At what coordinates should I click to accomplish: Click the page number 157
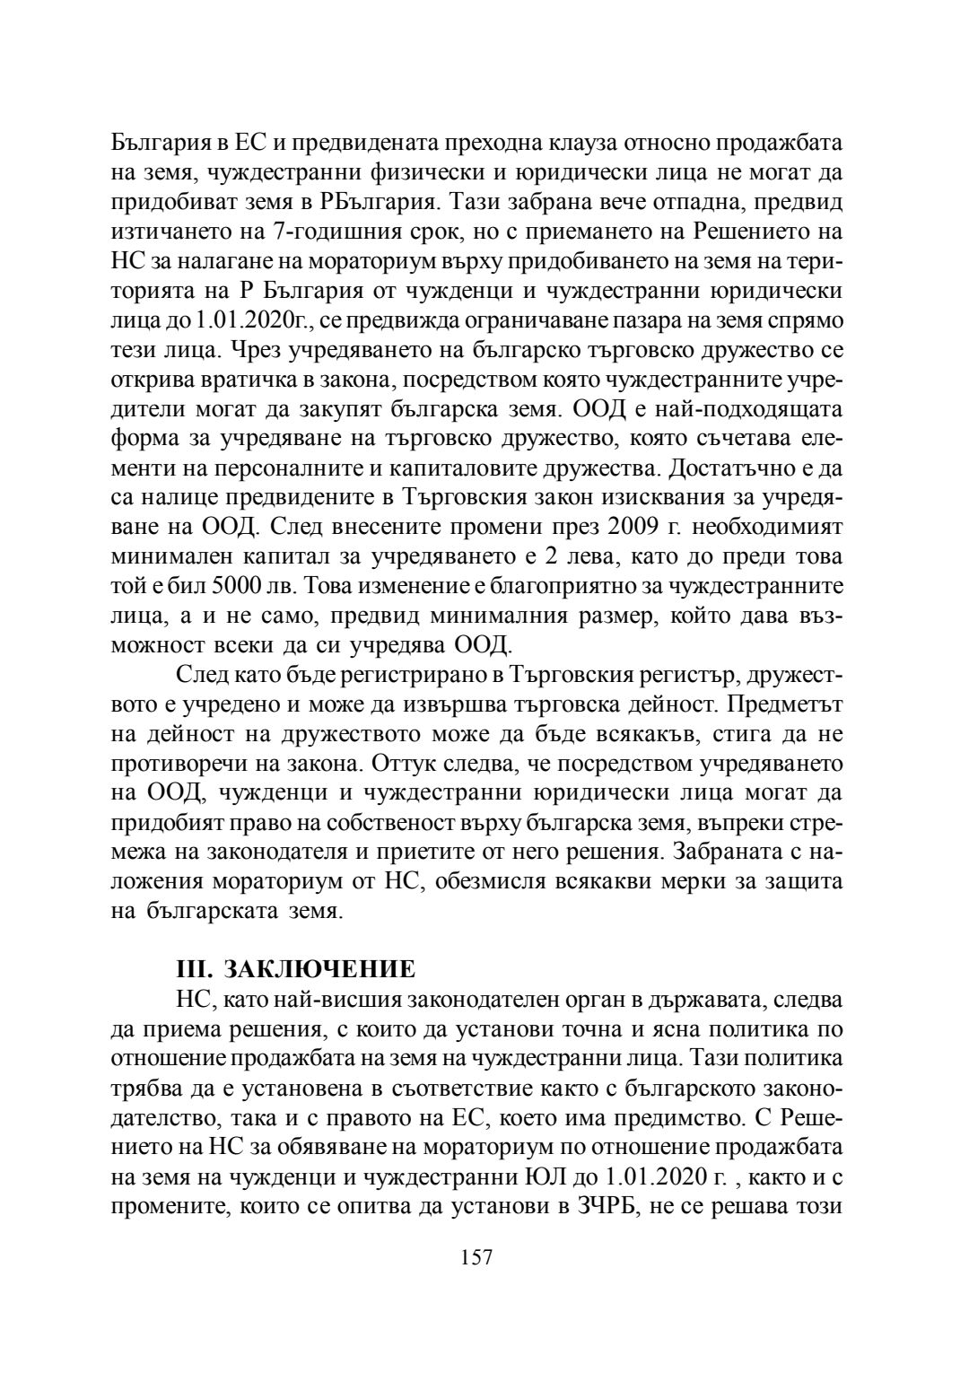pos(476,1257)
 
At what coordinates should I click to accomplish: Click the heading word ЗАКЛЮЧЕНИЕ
pos(319,970)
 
